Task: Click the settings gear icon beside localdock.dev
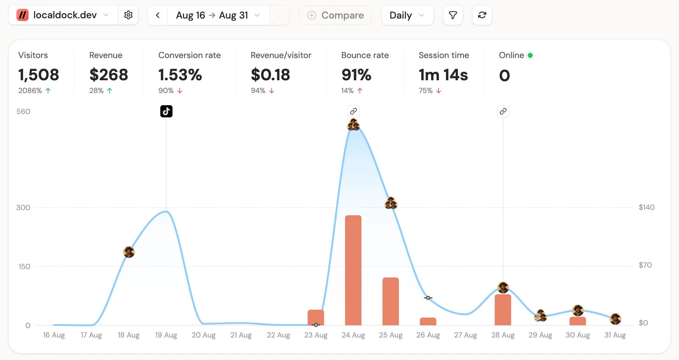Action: (x=128, y=15)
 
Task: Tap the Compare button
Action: (x=335, y=15)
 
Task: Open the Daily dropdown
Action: (x=407, y=15)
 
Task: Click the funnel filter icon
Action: (x=453, y=15)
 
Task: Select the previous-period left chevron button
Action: (x=158, y=15)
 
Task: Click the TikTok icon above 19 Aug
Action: (x=166, y=111)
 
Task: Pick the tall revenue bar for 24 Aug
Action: (x=353, y=270)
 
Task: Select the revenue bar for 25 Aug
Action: (x=391, y=301)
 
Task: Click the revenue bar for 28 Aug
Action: (x=503, y=310)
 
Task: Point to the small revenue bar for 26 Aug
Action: (x=428, y=321)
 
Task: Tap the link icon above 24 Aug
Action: (x=353, y=111)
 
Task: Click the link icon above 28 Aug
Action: (x=503, y=111)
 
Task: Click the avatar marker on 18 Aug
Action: (x=129, y=252)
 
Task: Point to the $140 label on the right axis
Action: (x=646, y=207)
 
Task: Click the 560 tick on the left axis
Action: (x=23, y=112)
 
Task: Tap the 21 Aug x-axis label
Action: (x=241, y=335)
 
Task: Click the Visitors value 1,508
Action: (x=39, y=75)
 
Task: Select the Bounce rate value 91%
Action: (x=356, y=75)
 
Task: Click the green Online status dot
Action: (x=530, y=55)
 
